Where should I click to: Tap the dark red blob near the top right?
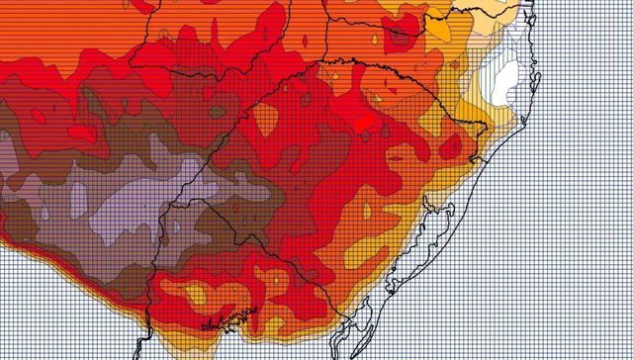coord(400,37)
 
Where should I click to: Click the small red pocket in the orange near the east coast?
coord(450,145)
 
